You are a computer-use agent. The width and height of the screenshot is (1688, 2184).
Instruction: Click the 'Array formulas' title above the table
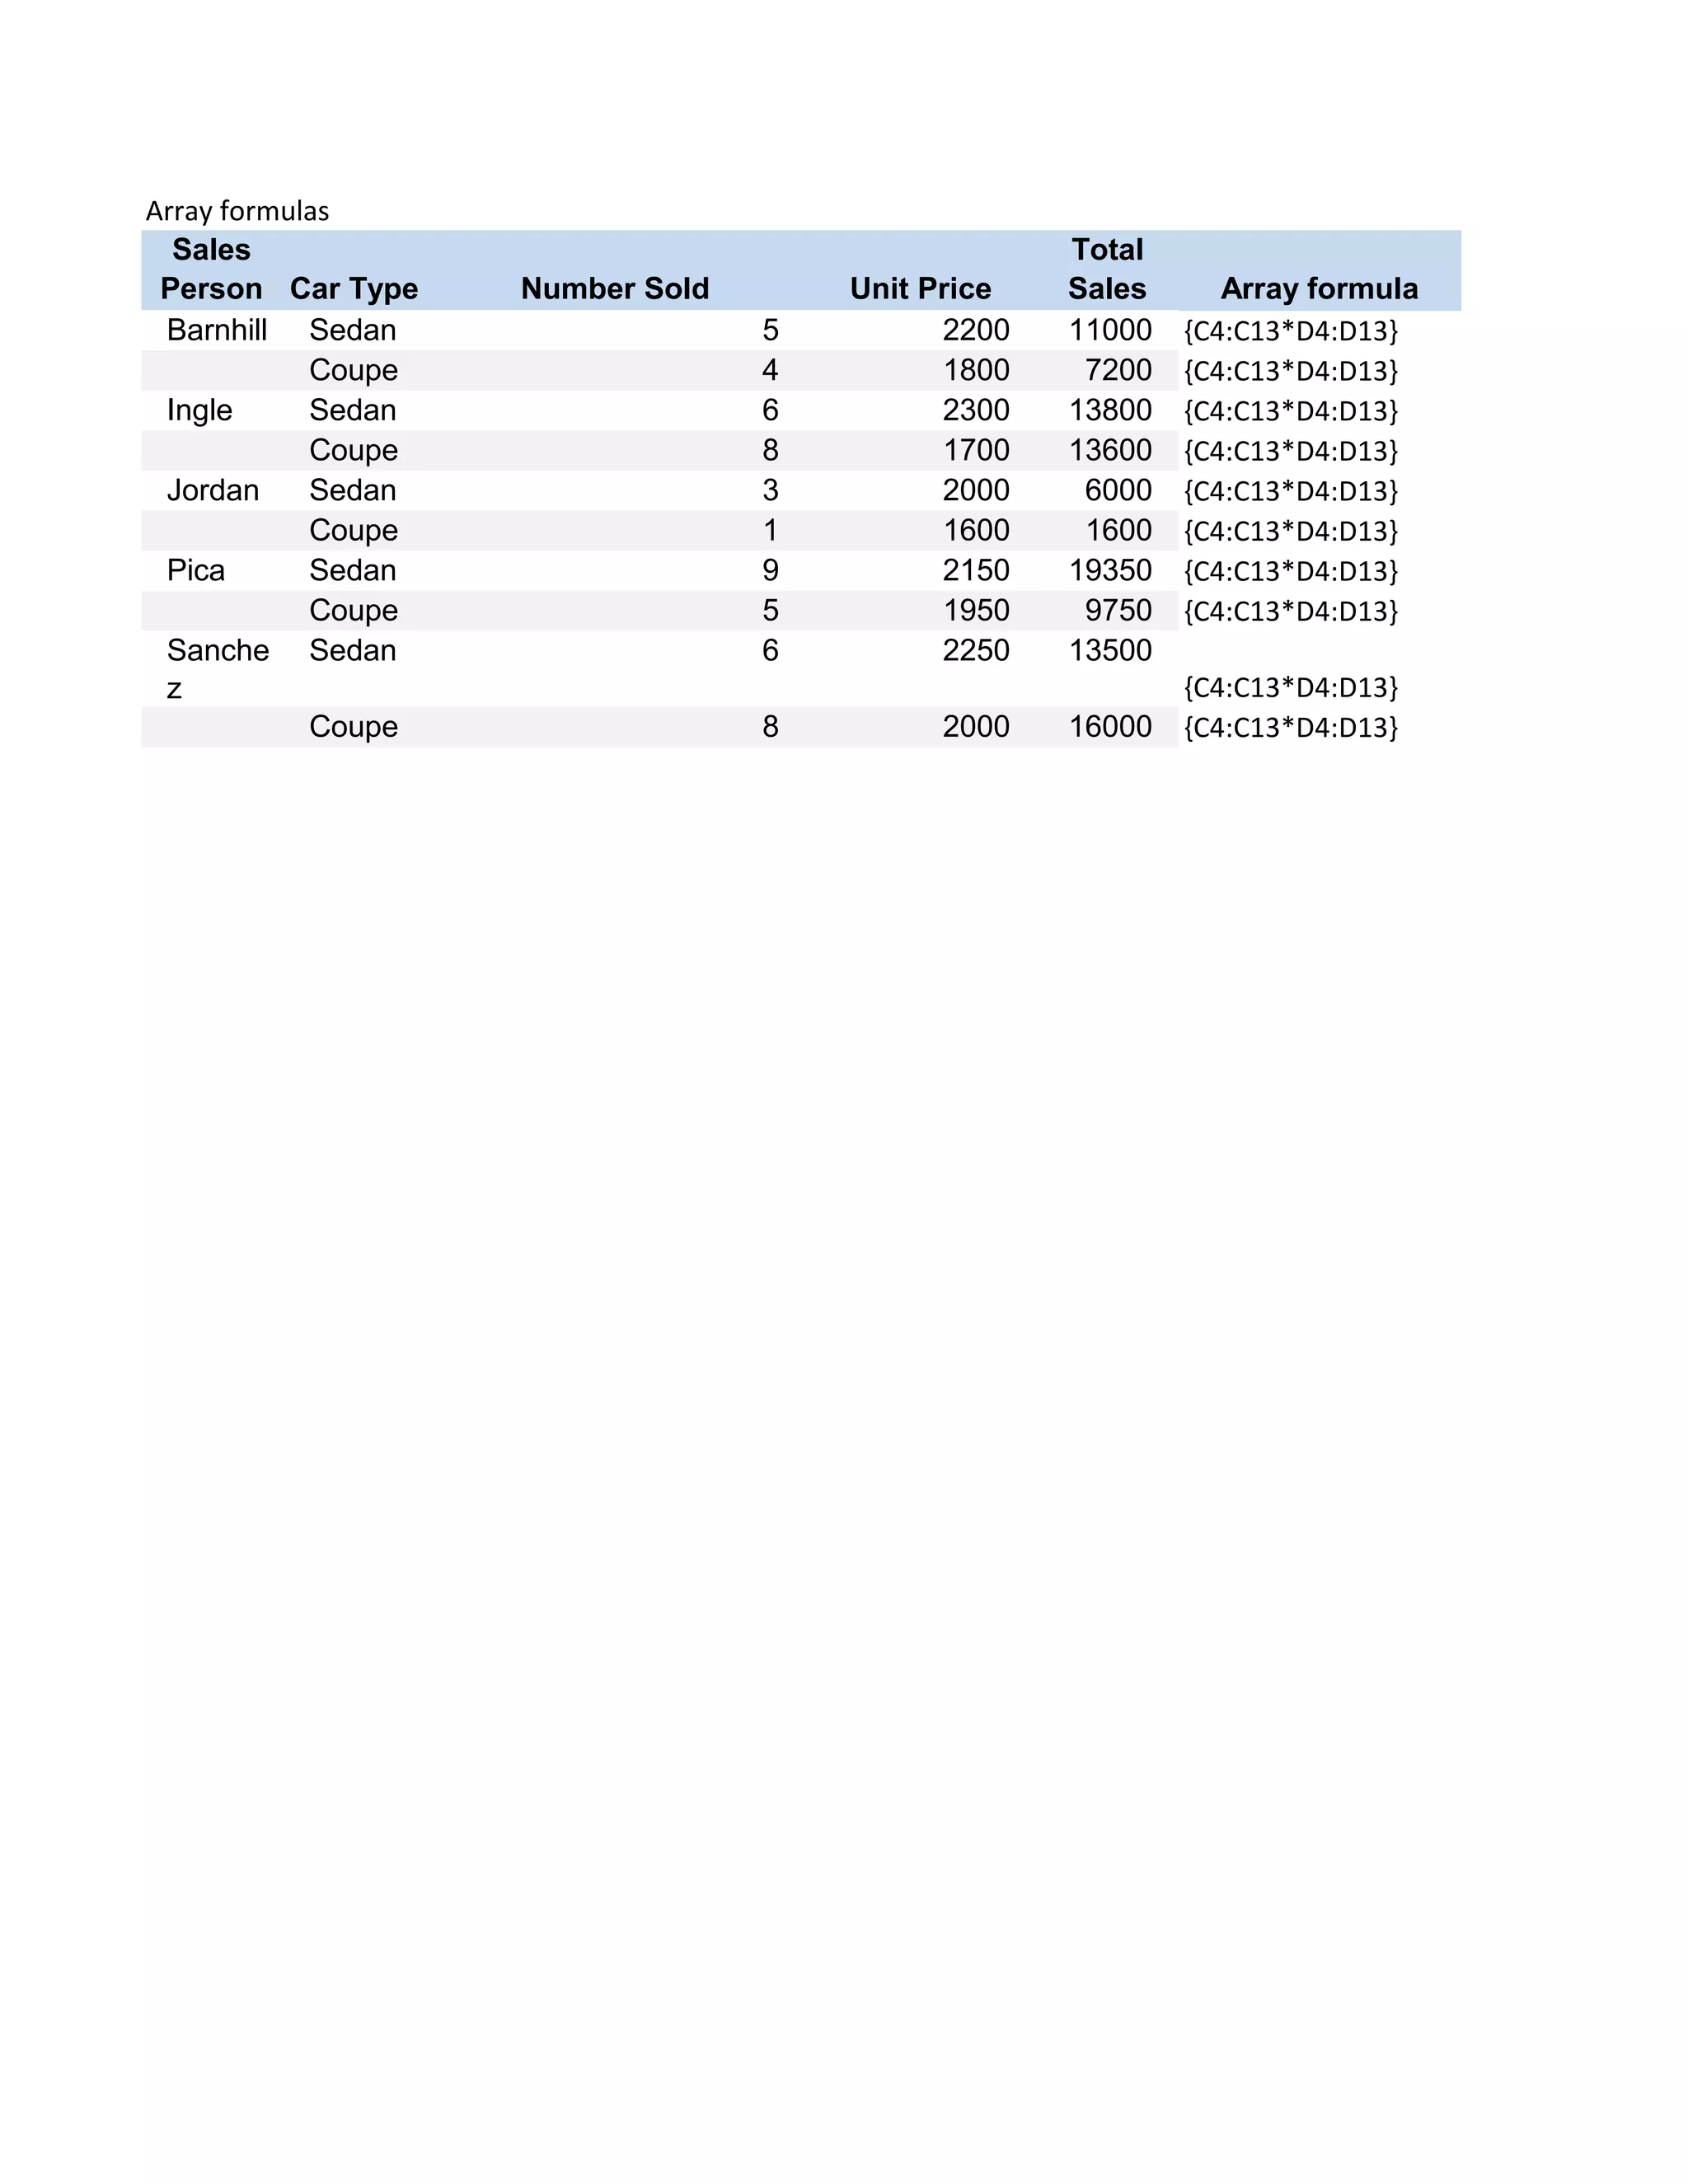(x=237, y=211)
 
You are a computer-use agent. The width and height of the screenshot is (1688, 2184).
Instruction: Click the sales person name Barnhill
(x=217, y=330)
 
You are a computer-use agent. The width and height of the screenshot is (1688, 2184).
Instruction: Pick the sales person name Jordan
(x=213, y=490)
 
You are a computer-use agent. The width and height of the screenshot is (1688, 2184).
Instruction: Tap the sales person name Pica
(x=196, y=570)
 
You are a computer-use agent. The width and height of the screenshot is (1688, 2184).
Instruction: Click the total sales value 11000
(x=1110, y=330)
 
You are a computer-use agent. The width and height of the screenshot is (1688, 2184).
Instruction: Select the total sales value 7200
(x=1118, y=370)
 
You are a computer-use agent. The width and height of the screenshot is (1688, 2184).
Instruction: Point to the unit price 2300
(x=976, y=410)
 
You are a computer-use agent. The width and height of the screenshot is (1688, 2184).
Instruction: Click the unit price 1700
(x=976, y=450)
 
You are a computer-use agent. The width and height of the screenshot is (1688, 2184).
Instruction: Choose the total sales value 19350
(x=1110, y=570)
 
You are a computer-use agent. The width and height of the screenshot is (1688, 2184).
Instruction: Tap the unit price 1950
(x=976, y=610)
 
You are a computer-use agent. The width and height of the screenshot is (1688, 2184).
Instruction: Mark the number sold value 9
(x=770, y=570)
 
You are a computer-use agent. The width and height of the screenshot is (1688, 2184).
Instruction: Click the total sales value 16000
(x=1110, y=726)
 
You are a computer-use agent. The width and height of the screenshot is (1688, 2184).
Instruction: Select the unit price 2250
(x=976, y=650)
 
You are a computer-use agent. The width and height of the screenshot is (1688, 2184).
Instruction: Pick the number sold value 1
(x=770, y=530)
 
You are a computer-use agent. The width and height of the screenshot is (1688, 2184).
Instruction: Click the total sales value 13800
(x=1110, y=410)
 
